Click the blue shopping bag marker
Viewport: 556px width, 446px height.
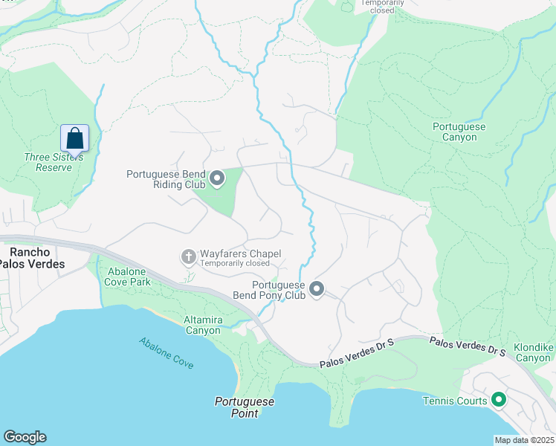click(x=74, y=138)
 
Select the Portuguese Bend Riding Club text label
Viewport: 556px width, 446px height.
click(x=164, y=179)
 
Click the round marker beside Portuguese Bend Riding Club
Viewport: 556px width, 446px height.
click(x=217, y=178)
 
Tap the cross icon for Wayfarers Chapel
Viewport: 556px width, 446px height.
click(x=189, y=257)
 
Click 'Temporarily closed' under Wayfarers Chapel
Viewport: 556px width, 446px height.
click(x=236, y=263)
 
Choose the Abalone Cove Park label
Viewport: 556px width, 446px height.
click(x=119, y=277)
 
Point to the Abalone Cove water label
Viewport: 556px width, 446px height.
click(x=166, y=353)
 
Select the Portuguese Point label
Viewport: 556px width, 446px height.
click(x=245, y=407)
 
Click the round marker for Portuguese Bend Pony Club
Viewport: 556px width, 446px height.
click(x=317, y=289)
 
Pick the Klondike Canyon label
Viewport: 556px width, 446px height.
click(x=532, y=352)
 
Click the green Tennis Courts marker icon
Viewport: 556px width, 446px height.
click(x=499, y=401)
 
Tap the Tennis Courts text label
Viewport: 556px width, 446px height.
click(x=455, y=401)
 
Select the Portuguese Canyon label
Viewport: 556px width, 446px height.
click(x=459, y=132)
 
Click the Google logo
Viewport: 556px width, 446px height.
click(x=25, y=437)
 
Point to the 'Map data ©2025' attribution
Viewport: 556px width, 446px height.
click(x=524, y=440)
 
